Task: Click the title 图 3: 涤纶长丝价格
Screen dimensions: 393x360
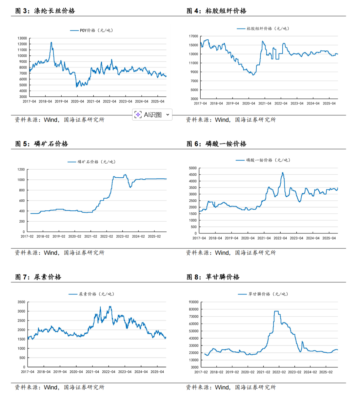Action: click(x=45, y=11)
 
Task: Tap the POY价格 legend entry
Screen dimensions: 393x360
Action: click(x=92, y=30)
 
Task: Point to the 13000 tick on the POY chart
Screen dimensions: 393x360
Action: click(x=22, y=38)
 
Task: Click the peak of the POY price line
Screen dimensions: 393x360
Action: click(x=51, y=42)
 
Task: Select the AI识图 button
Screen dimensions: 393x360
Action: click(x=152, y=115)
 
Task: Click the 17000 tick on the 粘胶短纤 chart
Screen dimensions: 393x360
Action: click(x=193, y=36)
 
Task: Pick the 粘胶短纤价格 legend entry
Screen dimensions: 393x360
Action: click(x=263, y=29)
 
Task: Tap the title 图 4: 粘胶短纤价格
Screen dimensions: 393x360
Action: click(x=216, y=11)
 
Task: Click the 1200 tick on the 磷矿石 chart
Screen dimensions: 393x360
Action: click(x=21, y=170)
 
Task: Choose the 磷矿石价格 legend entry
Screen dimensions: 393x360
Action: click(x=92, y=162)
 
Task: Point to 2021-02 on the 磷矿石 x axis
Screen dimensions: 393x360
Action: click(x=91, y=236)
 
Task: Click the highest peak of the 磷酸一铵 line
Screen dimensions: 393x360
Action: click(x=283, y=173)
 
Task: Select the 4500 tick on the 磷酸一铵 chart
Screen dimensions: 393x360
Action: click(x=193, y=175)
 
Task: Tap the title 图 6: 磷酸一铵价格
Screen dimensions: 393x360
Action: click(x=216, y=144)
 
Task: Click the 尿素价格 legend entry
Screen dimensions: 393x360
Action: click(x=92, y=294)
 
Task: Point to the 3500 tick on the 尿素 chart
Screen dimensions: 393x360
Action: click(x=21, y=302)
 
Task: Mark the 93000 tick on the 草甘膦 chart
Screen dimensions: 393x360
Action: click(x=194, y=302)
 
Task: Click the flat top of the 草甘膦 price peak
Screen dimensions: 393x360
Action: click(x=276, y=311)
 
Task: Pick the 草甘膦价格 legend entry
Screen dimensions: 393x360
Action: click(x=263, y=294)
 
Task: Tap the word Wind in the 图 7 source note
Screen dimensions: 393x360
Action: click(x=51, y=387)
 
